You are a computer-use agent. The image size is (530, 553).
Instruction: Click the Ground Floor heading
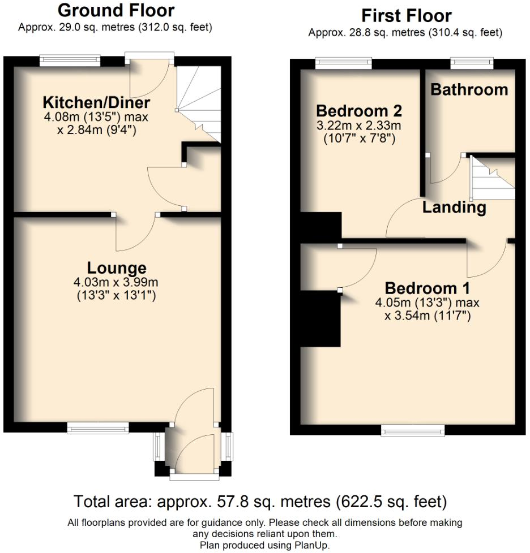[116, 10]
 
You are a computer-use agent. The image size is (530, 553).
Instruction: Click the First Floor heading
[406, 15]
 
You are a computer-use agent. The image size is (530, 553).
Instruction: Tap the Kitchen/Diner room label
[97, 103]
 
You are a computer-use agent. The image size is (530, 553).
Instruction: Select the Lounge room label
[117, 267]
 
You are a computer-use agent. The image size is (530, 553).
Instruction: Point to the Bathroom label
[469, 89]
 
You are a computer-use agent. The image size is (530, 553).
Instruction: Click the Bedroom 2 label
[359, 110]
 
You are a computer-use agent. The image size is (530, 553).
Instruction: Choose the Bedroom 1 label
[428, 287]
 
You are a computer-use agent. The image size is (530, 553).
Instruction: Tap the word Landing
[454, 208]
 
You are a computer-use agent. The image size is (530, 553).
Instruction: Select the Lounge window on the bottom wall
[98, 428]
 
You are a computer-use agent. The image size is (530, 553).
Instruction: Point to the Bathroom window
[472, 63]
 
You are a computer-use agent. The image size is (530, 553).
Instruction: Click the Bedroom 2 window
[344, 63]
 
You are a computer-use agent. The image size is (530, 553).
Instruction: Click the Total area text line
[260, 501]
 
